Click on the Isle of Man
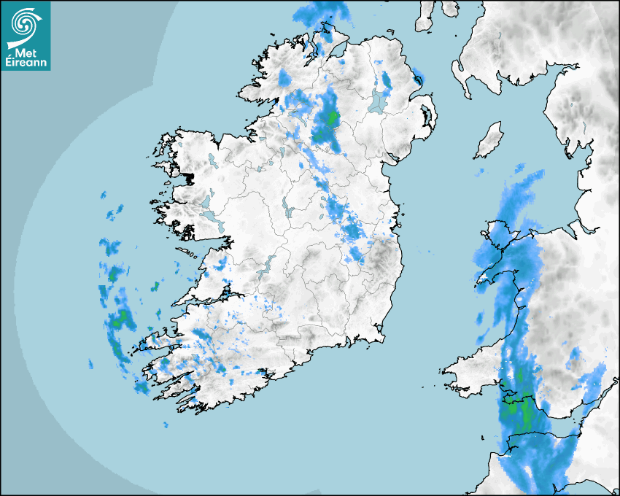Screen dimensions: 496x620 [x=489, y=141]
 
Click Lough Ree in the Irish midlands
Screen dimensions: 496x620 [x=287, y=210]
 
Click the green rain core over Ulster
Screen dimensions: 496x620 [x=330, y=118]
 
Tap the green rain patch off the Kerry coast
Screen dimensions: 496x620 [x=122, y=318]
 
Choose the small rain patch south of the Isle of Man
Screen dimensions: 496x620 [x=480, y=174]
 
